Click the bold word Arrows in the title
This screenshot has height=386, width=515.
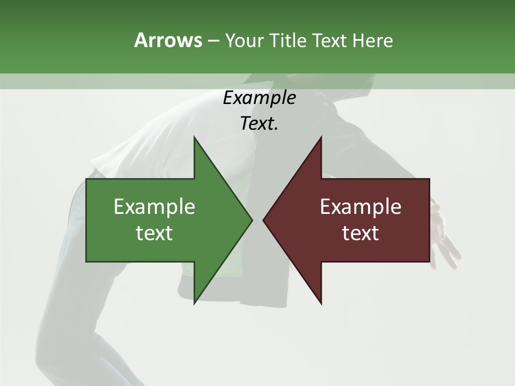point(168,40)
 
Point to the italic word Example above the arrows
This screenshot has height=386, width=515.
point(259,98)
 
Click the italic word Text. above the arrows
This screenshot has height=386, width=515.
point(259,124)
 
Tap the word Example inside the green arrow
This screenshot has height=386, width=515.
point(154,206)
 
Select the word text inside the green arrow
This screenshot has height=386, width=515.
point(154,233)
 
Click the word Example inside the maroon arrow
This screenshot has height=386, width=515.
point(360,206)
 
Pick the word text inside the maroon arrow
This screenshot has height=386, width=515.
point(360,233)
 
